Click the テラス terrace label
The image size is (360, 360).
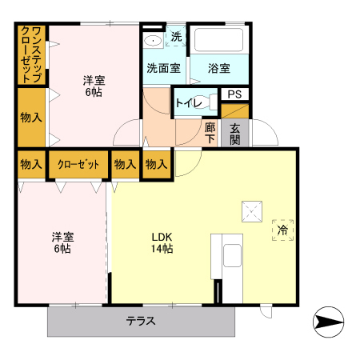pyautogui.click(x=140, y=322)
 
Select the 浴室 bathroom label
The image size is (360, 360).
pyautogui.click(x=219, y=68)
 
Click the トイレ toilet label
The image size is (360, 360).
pyautogui.click(x=188, y=102)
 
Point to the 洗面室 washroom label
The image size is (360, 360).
pyautogui.click(x=162, y=68)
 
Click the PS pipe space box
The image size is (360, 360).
pyautogui.click(x=234, y=94)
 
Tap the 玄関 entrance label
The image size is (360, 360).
pyautogui.click(x=235, y=132)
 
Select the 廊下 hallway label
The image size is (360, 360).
pyautogui.click(x=210, y=133)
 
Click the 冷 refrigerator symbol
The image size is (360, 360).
pyautogui.click(x=282, y=230)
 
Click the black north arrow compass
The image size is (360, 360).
pyautogui.click(x=329, y=323)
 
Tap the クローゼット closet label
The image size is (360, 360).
pyautogui.click(x=78, y=165)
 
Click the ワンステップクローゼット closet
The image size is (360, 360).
pyautogui.click(x=32, y=54)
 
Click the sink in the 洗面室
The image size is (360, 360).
pyautogui.click(x=152, y=41)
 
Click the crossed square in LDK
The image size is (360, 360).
pyautogui.click(x=252, y=212)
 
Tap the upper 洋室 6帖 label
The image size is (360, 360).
pyautogui.click(x=94, y=86)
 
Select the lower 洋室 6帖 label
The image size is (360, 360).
pyautogui.click(x=62, y=242)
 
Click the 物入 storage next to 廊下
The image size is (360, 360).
pyautogui.click(x=157, y=165)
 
